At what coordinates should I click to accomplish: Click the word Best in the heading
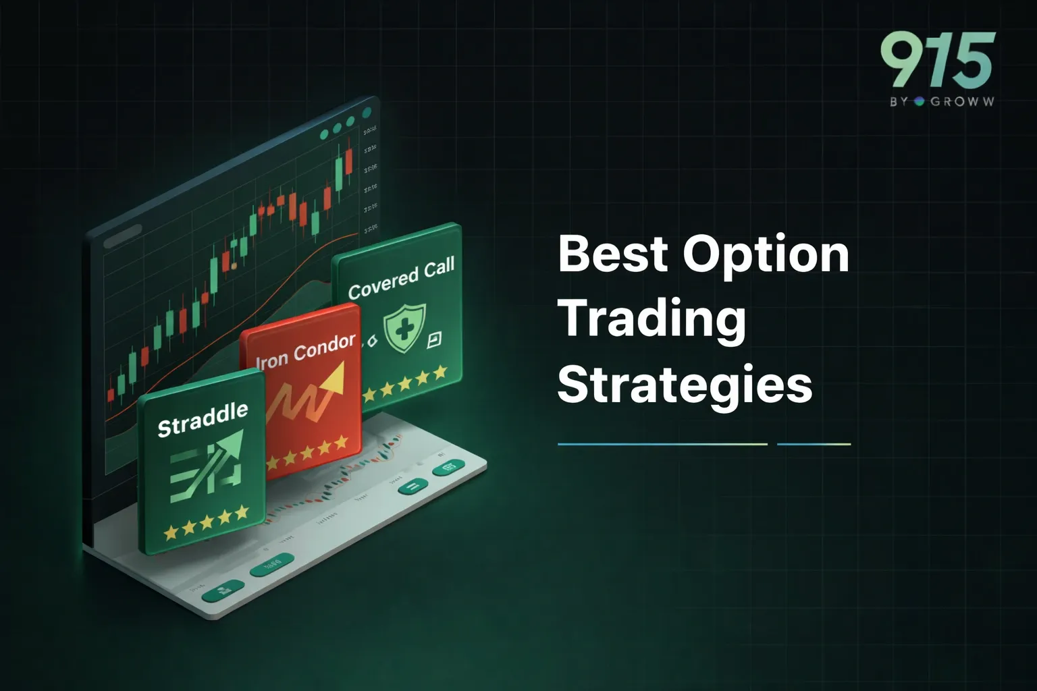612,254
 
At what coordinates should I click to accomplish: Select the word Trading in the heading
652,320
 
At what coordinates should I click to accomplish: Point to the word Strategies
685,385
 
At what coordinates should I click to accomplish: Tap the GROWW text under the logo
962,102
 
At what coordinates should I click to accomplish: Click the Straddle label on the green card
203,420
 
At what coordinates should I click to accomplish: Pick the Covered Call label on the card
401,278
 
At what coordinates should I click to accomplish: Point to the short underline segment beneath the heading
814,444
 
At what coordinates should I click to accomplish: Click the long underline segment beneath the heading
662,444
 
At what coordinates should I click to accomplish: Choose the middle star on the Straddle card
207,521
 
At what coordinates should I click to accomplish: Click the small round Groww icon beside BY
918,102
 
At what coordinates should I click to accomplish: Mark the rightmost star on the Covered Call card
440,372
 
